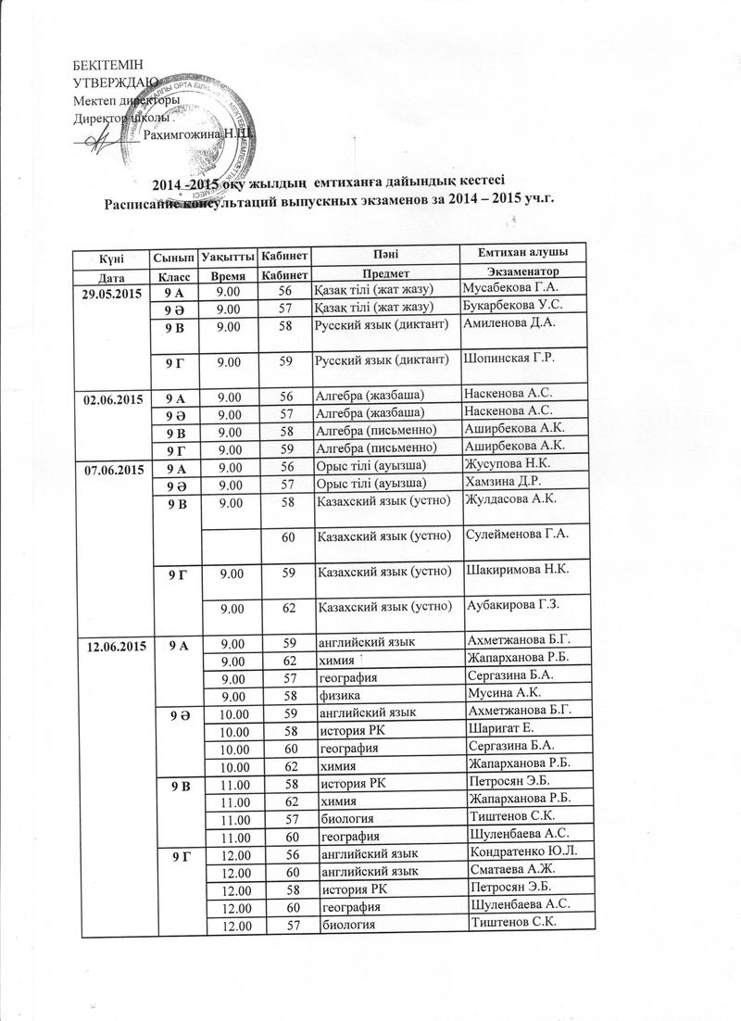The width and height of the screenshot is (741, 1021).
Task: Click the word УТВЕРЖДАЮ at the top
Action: coord(107,82)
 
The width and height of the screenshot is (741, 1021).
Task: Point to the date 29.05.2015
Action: coord(110,291)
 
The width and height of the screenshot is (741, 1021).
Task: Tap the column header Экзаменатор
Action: coord(515,275)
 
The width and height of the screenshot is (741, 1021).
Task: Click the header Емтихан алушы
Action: coord(521,253)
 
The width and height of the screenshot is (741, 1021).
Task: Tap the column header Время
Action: coord(228,276)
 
